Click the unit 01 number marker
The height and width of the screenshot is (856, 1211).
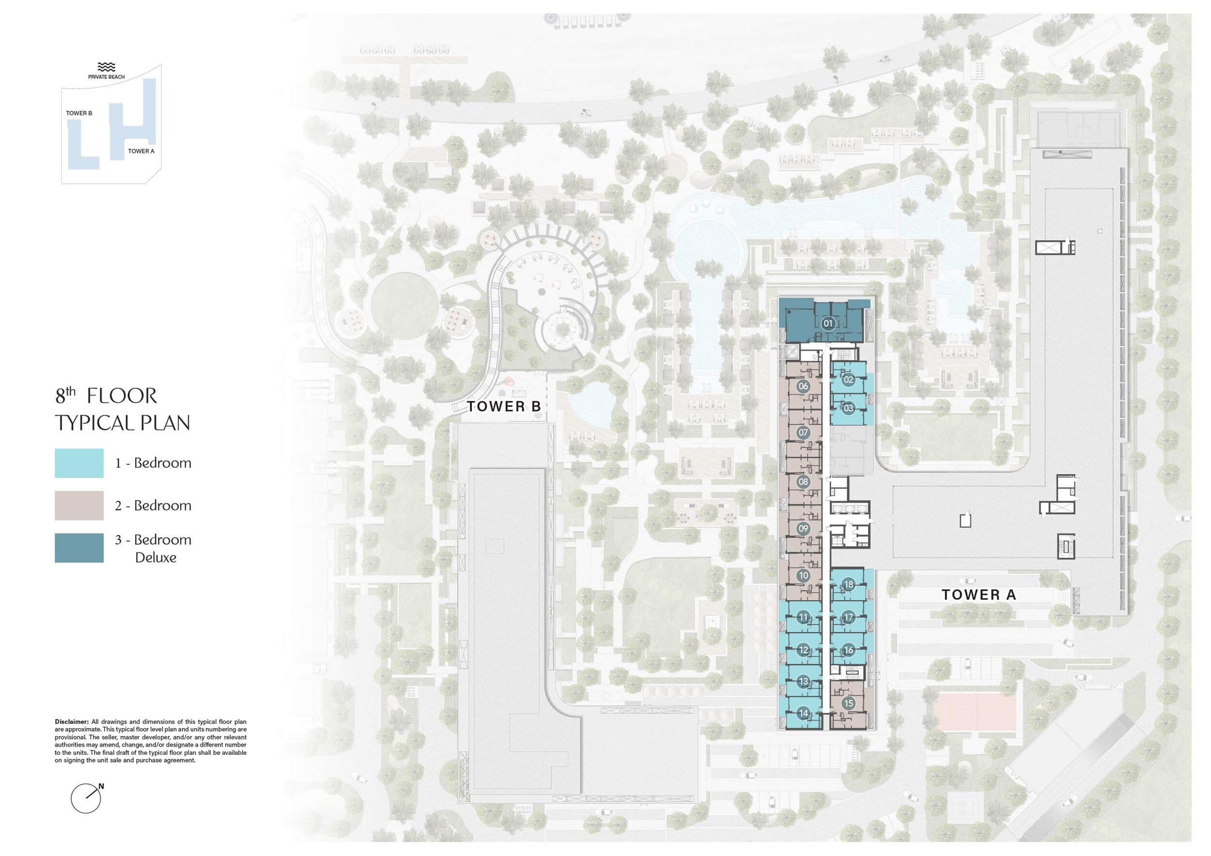click(x=827, y=323)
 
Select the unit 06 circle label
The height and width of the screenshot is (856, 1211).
click(x=803, y=386)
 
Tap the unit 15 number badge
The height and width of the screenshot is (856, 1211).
click(x=848, y=703)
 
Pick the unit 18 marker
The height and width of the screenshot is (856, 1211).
click(x=849, y=584)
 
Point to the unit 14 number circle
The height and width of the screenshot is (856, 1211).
click(x=803, y=713)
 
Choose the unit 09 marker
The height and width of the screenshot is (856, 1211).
click(x=803, y=529)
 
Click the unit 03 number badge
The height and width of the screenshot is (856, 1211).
click(x=848, y=408)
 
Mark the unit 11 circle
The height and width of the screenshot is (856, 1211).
click(x=803, y=617)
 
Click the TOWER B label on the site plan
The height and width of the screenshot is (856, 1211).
click(x=504, y=406)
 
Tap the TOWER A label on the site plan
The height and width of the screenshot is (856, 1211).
click(x=978, y=595)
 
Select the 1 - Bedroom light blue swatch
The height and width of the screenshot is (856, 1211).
click(x=79, y=463)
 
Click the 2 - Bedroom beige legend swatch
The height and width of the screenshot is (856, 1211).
click(x=79, y=505)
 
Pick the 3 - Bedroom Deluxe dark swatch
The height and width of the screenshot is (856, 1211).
click(x=79, y=548)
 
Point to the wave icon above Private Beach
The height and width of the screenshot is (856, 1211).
click(x=107, y=67)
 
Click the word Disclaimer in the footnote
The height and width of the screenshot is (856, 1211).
click(x=72, y=721)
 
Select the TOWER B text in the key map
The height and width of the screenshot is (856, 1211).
click(x=79, y=113)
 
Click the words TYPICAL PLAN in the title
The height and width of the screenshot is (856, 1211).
click(x=123, y=423)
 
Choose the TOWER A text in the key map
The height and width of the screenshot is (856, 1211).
click(x=141, y=151)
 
